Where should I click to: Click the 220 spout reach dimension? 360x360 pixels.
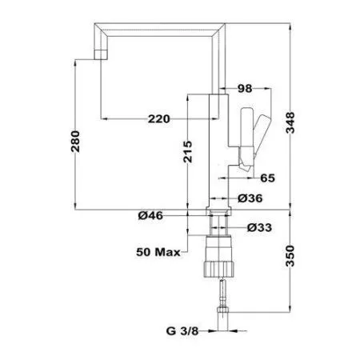[160, 119]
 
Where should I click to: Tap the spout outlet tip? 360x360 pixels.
[100, 53]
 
